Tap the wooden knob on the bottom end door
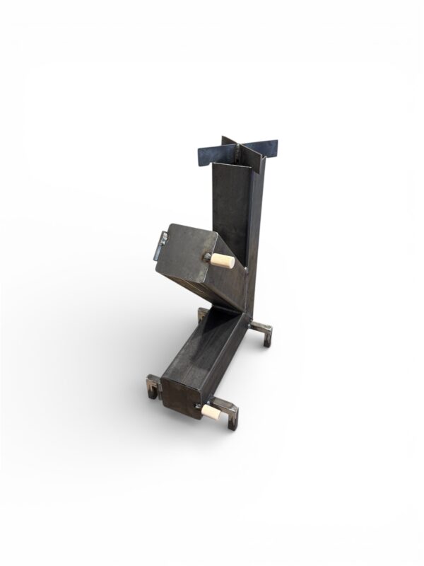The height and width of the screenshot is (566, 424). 210,411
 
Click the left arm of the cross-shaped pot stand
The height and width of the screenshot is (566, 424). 211,153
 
